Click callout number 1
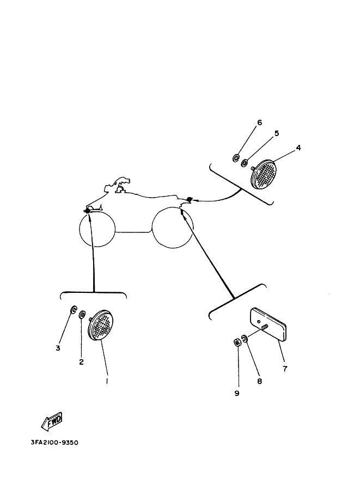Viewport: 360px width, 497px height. pyautogui.click(x=107, y=381)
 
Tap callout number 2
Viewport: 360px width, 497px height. pyautogui.click(x=81, y=362)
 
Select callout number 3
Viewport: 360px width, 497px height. pyautogui.click(x=58, y=348)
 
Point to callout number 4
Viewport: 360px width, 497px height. pyautogui.click(x=298, y=148)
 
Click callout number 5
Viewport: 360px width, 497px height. pyautogui.click(x=277, y=133)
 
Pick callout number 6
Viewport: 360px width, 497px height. pyautogui.click(x=259, y=122)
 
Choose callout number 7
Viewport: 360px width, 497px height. pyautogui.click(x=285, y=369)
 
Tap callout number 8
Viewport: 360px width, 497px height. pyautogui.click(x=259, y=381)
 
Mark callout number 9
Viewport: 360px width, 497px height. pyautogui.click(x=236, y=394)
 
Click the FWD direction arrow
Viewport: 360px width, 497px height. pyautogui.click(x=52, y=421)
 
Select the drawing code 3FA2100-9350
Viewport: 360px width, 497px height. pyautogui.click(x=54, y=443)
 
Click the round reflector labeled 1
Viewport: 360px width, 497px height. pyautogui.click(x=101, y=325)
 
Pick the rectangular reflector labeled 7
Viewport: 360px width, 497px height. pyautogui.click(x=268, y=324)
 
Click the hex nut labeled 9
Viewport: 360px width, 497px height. pyautogui.click(x=236, y=342)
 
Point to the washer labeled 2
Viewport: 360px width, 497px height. pyautogui.click(x=82, y=315)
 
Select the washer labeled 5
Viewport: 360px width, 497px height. pyautogui.click(x=245, y=163)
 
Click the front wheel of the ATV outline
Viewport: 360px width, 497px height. pyautogui.click(x=97, y=229)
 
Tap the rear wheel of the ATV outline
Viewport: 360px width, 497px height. pyautogui.click(x=172, y=227)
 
